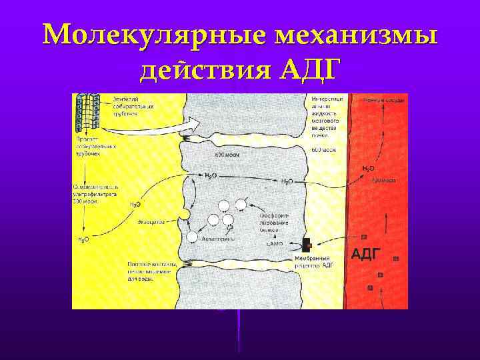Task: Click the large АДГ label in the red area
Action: point(365,253)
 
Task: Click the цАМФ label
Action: point(275,245)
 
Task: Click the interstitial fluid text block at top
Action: point(327,117)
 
